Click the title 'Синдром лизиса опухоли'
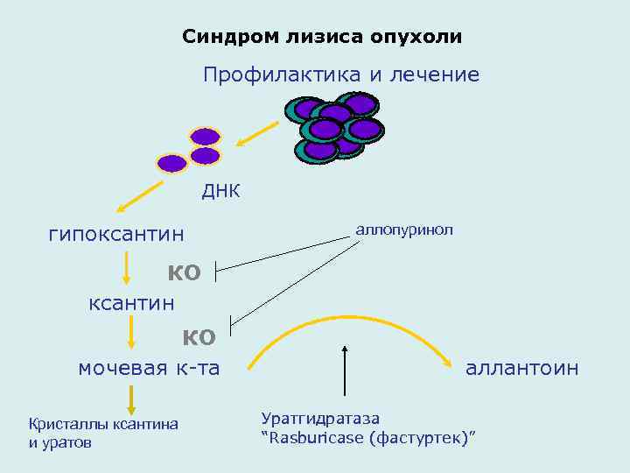point(322,37)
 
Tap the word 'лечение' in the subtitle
point(436,75)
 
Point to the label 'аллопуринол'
point(403,229)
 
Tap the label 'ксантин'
point(131,303)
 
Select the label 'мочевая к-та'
point(149,368)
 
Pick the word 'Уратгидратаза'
point(320,419)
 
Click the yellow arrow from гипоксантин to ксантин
point(128,268)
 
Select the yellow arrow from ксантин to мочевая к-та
point(130,333)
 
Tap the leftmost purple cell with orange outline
point(171,163)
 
